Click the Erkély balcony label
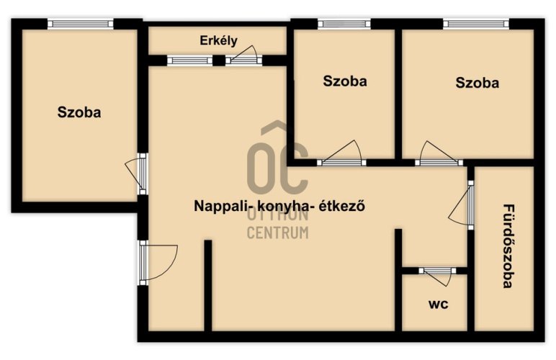[x=218, y=40]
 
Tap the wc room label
[x=439, y=304]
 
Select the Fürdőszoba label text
[x=508, y=246]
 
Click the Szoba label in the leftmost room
[x=79, y=112]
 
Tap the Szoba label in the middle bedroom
[x=345, y=81]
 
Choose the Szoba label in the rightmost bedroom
[x=477, y=83]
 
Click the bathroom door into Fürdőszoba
[x=462, y=205]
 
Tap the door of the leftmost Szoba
[x=136, y=174]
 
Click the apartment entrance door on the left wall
[x=158, y=263]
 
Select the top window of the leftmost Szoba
[x=81, y=24]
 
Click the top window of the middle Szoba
[x=344, y=24]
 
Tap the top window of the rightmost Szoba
[x=476, y=24]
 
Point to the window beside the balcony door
[x=189, y=60]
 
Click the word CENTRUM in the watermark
[x=278, y=233]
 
